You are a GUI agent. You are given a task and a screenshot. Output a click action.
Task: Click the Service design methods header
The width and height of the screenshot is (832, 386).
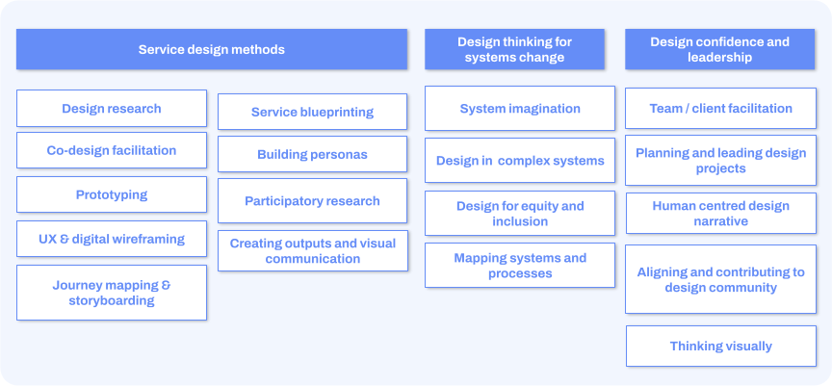coord(212,49)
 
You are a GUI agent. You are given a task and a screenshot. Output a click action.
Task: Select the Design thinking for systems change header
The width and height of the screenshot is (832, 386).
coord(514,49)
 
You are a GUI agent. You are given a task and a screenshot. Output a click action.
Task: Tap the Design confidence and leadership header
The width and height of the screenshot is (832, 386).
coord(719,49)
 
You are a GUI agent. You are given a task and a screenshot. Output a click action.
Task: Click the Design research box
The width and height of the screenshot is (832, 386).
coord(112,108)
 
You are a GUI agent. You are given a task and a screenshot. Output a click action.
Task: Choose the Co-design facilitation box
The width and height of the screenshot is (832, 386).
coord(112,150)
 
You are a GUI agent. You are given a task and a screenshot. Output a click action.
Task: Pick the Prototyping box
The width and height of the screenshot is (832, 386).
coord(112,194)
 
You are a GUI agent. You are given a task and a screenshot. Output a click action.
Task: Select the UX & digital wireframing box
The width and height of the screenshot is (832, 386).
coord(112,239)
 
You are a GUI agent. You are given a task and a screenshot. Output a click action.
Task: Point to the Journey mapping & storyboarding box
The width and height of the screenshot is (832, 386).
coord(112,293)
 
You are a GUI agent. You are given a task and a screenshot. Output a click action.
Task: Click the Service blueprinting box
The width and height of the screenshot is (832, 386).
coord(313,112)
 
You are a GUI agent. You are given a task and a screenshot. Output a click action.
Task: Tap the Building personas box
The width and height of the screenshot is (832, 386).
coord(313,154)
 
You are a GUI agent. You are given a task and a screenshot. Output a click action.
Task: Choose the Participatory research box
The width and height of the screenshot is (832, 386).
coord(313,201)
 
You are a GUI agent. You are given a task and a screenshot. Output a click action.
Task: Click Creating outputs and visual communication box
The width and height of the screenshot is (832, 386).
coord(313,251)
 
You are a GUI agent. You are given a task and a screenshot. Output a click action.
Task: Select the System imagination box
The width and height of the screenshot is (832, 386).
coord(520,108)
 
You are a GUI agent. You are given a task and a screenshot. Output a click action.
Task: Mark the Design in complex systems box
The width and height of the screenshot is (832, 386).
coord(520,160)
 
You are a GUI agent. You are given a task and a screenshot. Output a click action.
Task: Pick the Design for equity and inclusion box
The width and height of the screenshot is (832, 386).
coord(520,213)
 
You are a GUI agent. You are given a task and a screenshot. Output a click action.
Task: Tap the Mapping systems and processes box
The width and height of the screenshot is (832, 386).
coord(520,265)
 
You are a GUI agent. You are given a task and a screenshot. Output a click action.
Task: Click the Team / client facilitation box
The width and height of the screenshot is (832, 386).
coord(720,108)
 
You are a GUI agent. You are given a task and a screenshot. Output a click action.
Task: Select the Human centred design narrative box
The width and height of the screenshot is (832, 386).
coord(721,213)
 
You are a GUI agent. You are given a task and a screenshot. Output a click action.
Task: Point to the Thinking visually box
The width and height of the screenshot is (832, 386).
coord(721,347)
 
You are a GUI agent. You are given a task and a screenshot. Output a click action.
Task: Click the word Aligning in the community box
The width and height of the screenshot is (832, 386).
coord(660,272)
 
